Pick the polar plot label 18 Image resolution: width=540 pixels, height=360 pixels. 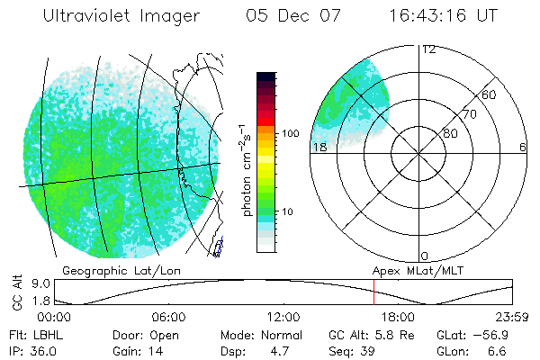[319, 147]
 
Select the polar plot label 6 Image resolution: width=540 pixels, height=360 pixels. [522, 147]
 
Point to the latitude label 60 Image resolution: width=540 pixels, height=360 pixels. [490, 94]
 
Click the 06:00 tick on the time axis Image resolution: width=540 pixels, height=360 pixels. [168, 318]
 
